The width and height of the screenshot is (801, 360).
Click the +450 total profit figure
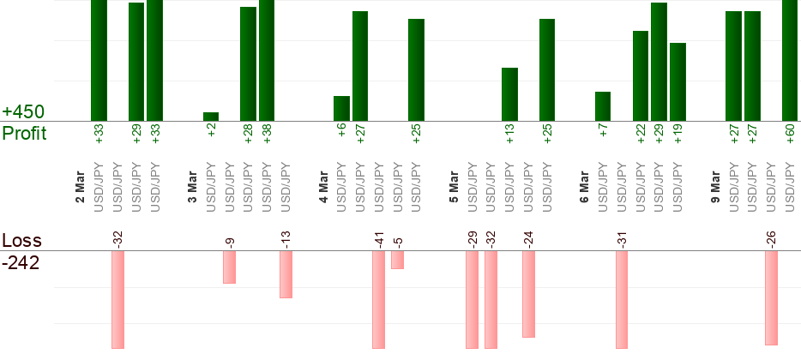coord(23,112)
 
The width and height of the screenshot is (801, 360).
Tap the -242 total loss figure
coord(21,263)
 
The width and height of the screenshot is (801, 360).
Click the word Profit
coord(24,134)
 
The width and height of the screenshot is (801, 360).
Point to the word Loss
coord(21,241)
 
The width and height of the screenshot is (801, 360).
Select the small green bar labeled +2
coord(211,117)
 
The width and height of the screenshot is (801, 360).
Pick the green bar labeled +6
coord(341,109)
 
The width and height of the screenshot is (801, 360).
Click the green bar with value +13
coord(509,94)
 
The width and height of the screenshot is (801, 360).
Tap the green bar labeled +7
coord(603,106)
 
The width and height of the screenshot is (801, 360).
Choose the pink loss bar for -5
coord(397,260)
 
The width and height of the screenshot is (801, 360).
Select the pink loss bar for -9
coord(229,267)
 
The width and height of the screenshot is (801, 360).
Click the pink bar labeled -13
coord(286,274)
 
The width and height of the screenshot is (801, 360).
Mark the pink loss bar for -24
coord(528,294)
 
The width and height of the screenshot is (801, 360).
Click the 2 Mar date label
coord(80,188)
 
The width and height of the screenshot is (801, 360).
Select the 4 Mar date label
coord(323,188)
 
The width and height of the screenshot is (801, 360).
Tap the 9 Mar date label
coord(715,188)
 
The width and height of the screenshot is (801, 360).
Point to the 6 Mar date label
coord(584,188)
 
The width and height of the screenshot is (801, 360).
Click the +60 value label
coord(790,135)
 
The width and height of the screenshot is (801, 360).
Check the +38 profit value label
coord(267,135)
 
